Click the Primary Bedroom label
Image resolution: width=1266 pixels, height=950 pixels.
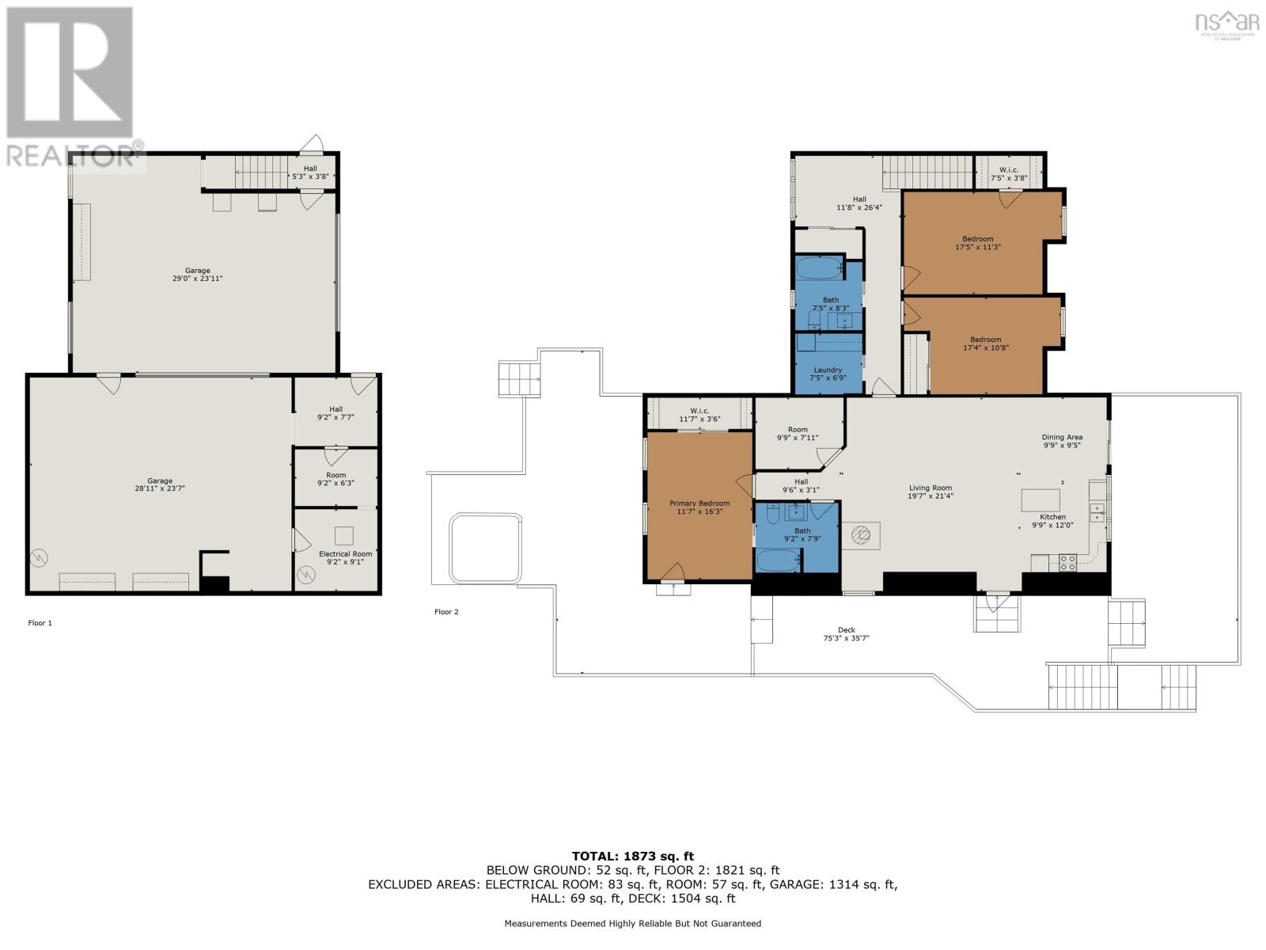click(699, 503)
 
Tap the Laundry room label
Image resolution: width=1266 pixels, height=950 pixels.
click(828, 370)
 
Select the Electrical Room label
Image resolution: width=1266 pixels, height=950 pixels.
click(345, 554)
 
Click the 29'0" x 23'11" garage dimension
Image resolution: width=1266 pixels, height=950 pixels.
click(198, 279)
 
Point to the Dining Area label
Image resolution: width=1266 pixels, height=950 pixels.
click(1062, 437)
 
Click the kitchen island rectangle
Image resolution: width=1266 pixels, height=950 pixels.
click(1040, 500)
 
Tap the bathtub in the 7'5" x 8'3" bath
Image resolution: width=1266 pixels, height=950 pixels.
click(819, 268)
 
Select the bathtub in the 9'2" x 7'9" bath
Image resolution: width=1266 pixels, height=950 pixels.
click(778, 561)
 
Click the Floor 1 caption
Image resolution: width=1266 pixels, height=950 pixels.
click(40, 623)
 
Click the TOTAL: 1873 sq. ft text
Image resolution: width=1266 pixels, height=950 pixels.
click(632, 856)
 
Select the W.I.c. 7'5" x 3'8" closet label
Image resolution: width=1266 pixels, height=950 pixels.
click(1009, 174)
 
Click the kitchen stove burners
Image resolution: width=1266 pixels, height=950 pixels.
click(1067, 563)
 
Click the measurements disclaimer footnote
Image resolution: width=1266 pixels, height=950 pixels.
click(632, 923)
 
